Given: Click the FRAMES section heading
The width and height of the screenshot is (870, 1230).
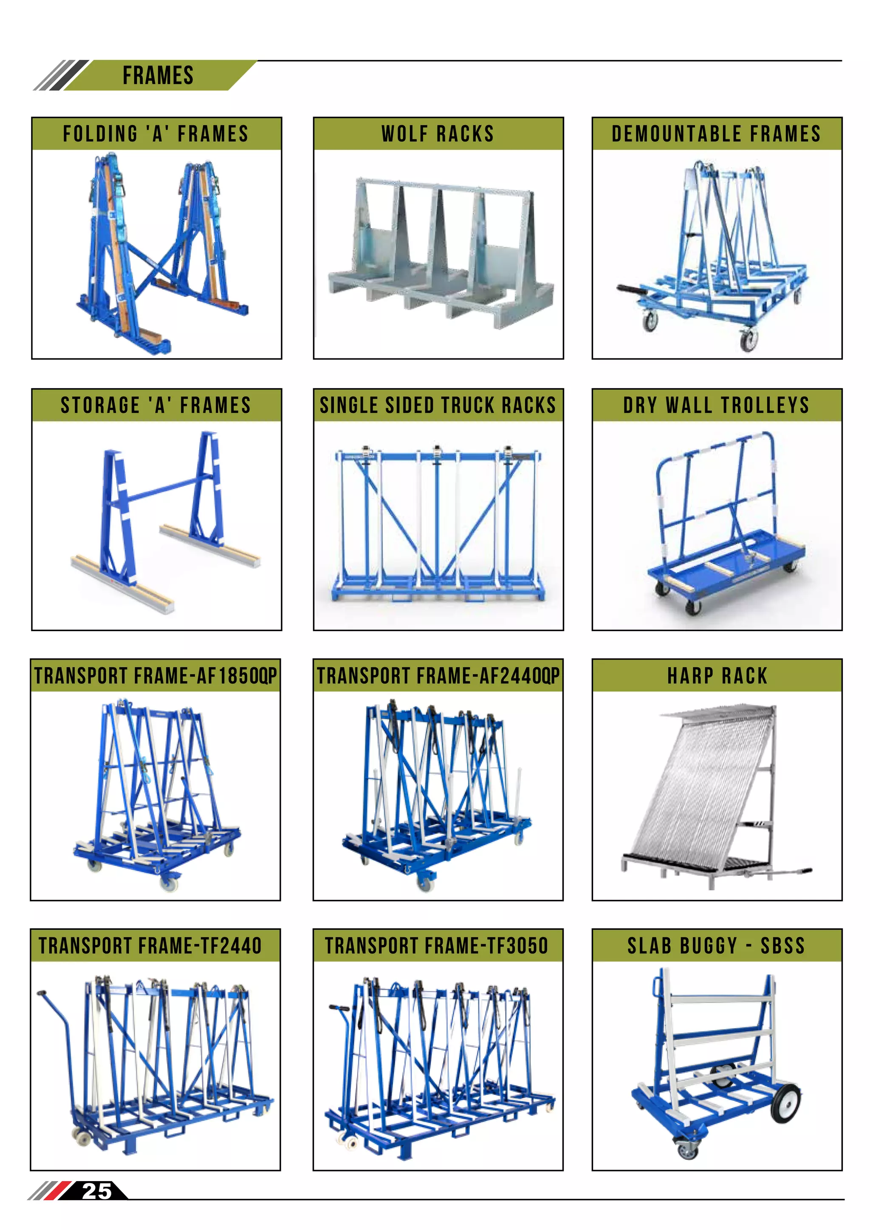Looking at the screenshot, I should pyautogui.click(x=158, y=76).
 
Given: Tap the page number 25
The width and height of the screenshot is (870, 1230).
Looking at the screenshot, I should pyautogui.click(x=96, y=1191).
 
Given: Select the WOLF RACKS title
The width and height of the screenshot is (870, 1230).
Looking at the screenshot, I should pyautogui.click(x=438, y=134).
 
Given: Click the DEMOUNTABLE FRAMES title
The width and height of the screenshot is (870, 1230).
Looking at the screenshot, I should pyautogui.click(x=716, y=134).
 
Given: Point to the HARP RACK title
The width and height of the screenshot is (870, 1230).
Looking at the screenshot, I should pyautogui.click(x=717, y=676).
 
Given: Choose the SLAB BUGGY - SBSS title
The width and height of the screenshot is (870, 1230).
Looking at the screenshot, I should pyautogui.click(x=716, y=945).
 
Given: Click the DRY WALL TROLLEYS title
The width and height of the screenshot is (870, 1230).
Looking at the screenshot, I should pyautogui.click(x=716, y=405).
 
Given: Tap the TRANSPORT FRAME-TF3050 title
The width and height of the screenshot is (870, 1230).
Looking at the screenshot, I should pyautogui.click(x=437, y=945).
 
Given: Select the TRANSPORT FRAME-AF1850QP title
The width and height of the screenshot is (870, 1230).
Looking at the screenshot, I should pyautogui.click(x=155, y=676).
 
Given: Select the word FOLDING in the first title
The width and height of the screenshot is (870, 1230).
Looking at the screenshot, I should pyautogui.click(x=101, y=134).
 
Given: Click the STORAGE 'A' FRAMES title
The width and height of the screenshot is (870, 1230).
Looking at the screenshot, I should pyautogui.click(x=156, y=405).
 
